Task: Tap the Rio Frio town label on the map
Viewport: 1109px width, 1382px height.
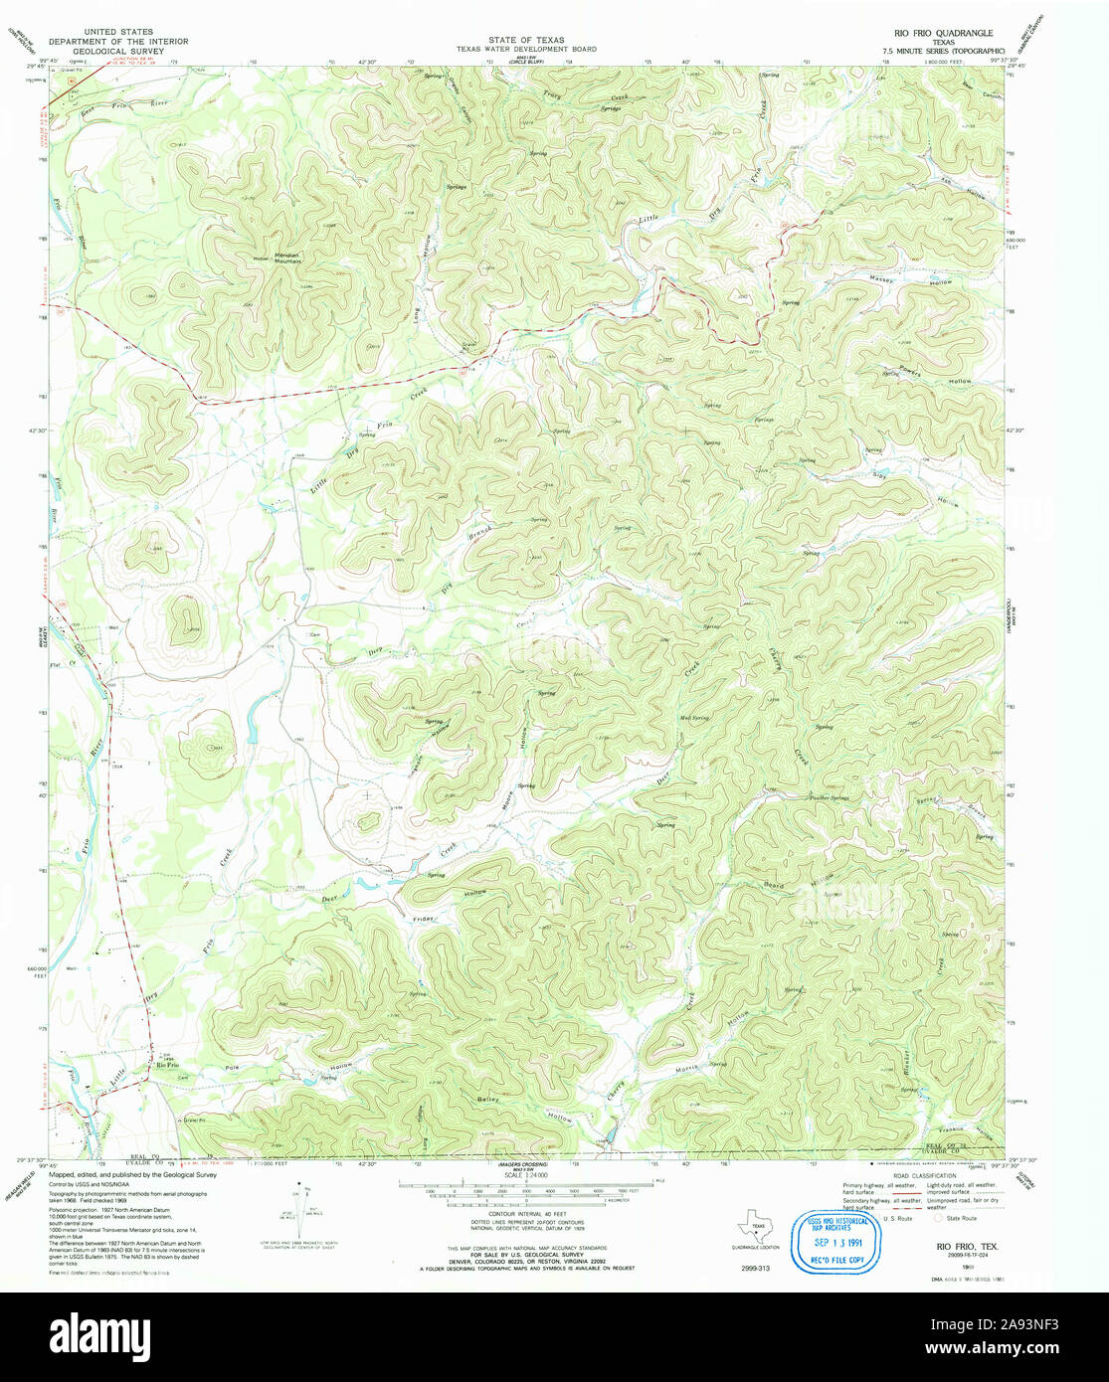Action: point(166,1066)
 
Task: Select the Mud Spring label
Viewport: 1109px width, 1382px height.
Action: point(693,718)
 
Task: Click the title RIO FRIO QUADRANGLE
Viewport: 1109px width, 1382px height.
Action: point(937,33)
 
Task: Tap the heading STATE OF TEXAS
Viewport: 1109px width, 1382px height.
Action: point(526,40)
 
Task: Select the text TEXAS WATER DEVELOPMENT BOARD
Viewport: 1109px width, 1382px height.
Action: point(526,49)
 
